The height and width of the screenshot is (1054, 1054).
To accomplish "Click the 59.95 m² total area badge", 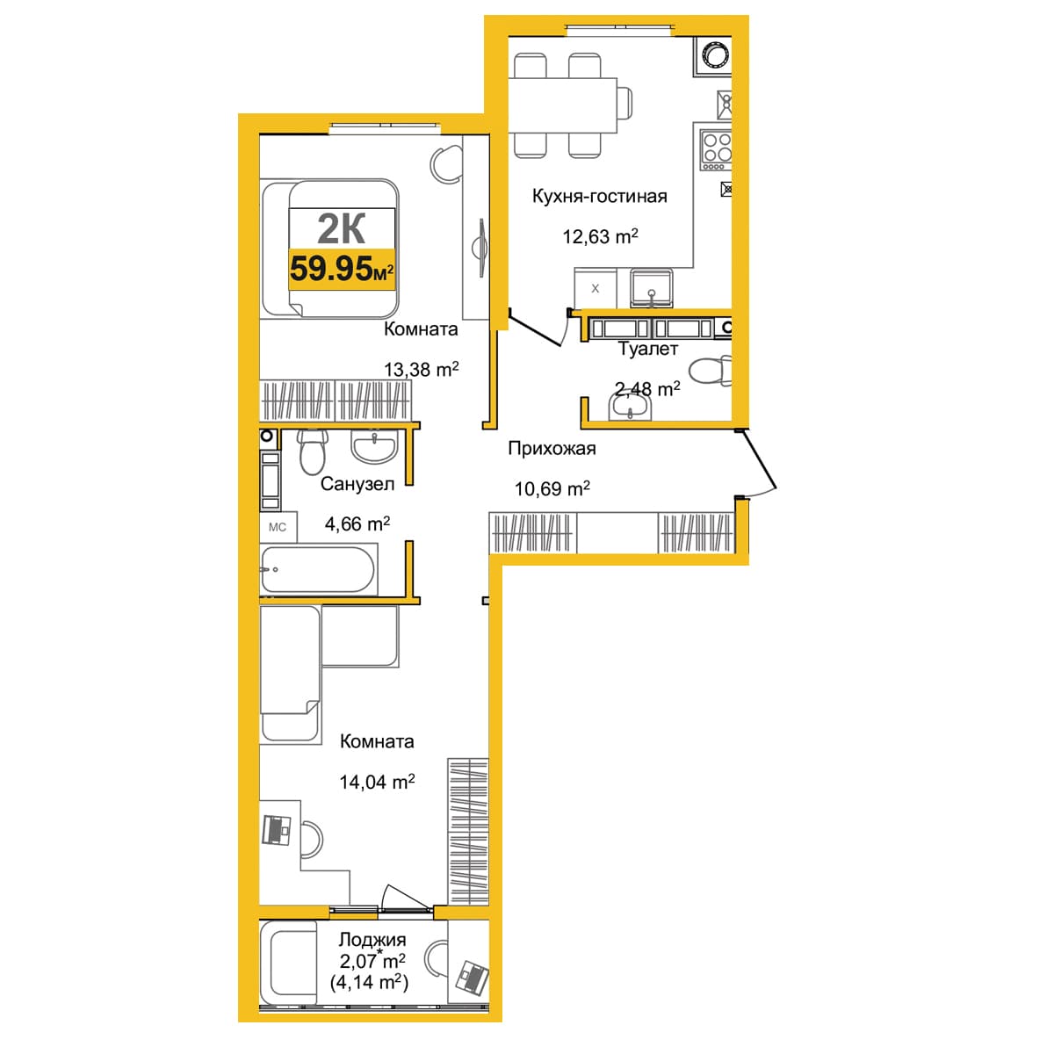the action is (x=342, y=269).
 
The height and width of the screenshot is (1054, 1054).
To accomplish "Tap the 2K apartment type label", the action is (x=341, y=229).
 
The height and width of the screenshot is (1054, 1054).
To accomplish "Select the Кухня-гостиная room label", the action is (x=600, y=197).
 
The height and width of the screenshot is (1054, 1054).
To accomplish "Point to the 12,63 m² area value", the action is (x=600, y=236).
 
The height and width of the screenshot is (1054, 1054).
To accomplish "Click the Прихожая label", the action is (x=552, y=449).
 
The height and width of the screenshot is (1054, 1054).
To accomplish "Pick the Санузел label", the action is (x=357, y=484).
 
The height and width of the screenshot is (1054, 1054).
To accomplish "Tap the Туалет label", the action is (x=648, y=349).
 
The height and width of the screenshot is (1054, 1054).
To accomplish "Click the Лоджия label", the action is (x=372, y=939).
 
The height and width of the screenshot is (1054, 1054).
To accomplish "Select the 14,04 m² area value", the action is (x=377, y=782).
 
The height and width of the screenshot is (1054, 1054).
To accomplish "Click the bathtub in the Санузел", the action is (x=318, y=569).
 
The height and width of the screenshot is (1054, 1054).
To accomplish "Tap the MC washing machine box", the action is (x=278, y=527).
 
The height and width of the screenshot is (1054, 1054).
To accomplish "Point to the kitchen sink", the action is (x=651, y=287).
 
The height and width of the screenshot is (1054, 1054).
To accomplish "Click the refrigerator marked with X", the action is (x=596, y=288).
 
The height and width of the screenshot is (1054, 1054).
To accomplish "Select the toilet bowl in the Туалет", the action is (x=710, y=371).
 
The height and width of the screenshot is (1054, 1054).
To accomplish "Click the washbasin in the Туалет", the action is (x=630, y=407).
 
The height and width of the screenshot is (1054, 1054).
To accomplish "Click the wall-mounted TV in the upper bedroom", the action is (x=480, y=248).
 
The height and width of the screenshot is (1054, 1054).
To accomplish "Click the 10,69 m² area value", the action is (x=552, y=487).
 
